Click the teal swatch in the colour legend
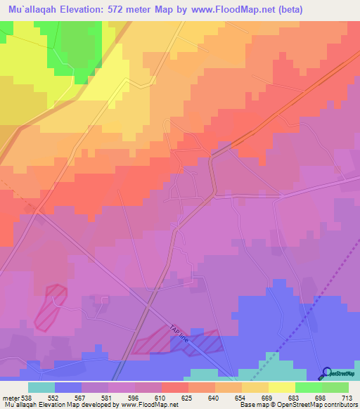click(x=41, y=387)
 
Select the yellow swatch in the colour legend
click(x=282, y=387)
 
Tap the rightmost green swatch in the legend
click(x=335, y=387)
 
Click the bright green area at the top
click(x=77, y=42)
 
